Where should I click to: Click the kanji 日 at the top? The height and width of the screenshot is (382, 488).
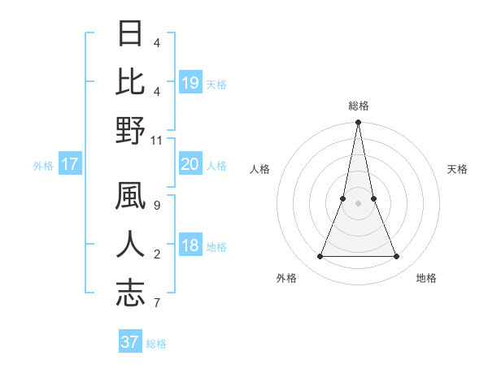coord(130,35)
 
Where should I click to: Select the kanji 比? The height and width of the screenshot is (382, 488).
coord(130,83)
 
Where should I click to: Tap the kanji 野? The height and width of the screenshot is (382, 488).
coord(130,131)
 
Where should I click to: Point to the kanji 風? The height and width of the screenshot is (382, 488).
coord(130,199)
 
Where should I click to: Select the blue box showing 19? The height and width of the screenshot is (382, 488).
coord(190,83)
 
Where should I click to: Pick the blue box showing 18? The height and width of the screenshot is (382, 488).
coord(190,246)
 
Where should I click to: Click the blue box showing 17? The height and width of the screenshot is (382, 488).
coord(70,165)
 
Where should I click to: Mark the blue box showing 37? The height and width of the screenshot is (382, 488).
coord(130,342)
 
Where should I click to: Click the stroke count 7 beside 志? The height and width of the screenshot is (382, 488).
coord(156,302)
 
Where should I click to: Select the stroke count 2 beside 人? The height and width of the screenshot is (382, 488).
coord(156,255)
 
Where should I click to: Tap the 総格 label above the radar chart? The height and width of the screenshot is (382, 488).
coord(358,106)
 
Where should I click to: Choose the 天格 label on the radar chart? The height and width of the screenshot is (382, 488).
coord(458,169)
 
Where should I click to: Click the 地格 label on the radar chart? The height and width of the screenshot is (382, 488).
coord(426,278)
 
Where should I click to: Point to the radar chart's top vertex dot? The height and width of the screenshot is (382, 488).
coord(358,123)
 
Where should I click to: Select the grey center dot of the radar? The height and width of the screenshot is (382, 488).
coord(358,203)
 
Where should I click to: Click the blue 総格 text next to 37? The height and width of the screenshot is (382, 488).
coord(156,344)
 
